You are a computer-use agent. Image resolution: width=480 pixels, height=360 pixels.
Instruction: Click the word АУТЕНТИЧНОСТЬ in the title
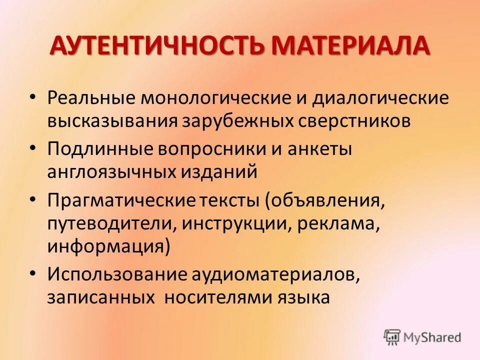(x=158, y=46)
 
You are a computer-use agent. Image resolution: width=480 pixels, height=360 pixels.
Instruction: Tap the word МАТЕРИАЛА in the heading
(x=350, y=46)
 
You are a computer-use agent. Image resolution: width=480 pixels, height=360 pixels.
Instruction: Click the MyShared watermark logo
(x=422, y=337)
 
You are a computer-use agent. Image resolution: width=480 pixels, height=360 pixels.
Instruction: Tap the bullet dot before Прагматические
(x=33, y=199)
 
